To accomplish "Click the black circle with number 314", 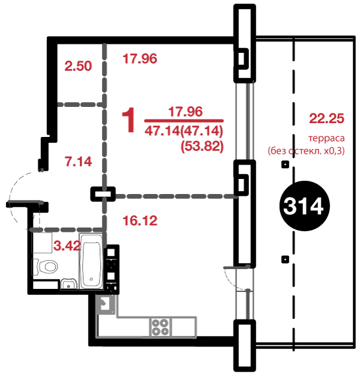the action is coord(304,206).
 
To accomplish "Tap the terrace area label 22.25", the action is coord(326,118).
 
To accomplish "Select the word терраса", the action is coord(326,138).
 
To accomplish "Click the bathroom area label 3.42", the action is coord(67,246).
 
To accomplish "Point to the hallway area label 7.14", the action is coord(78,162).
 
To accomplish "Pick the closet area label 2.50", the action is coord(78,66).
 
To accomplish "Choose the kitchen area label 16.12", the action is coord(140,221).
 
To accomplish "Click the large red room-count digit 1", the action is coord(128,120).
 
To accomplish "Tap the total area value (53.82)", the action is coord(202,146).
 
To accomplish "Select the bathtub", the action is coord(91,261).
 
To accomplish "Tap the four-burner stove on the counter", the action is coord(160,327).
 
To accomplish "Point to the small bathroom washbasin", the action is coord(68,284).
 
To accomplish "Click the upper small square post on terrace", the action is coord(285,164).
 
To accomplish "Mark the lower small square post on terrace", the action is coord(285,259).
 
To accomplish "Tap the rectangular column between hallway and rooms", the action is coord(103,194).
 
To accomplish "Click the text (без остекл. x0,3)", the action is coord(306,151).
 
